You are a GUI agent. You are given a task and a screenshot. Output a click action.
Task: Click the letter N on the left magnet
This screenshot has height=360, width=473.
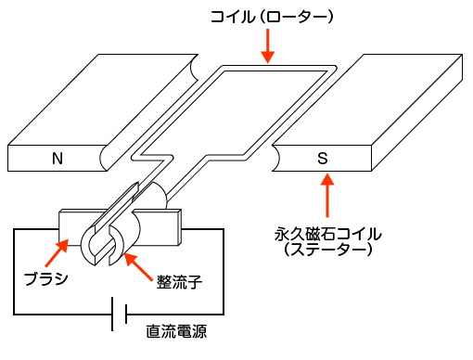(58, 159)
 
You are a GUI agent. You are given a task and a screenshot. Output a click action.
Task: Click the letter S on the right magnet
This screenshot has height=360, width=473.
(323, 159)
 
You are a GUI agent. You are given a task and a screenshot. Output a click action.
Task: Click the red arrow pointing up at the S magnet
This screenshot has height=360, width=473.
(326, 196)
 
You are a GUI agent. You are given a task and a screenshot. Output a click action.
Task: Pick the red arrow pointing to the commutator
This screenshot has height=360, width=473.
(136, 264)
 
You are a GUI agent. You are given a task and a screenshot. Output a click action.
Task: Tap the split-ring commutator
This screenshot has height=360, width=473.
(111, 243)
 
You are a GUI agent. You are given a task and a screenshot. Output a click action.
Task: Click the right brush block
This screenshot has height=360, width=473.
(167, 225)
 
